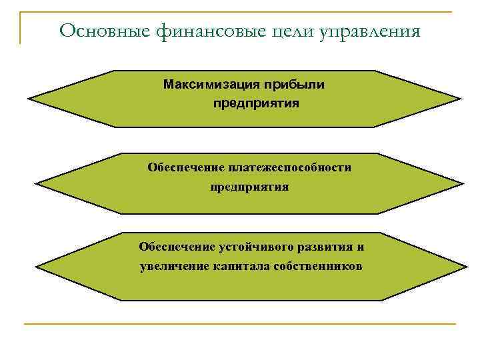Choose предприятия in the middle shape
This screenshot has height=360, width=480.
pos(250,187)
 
